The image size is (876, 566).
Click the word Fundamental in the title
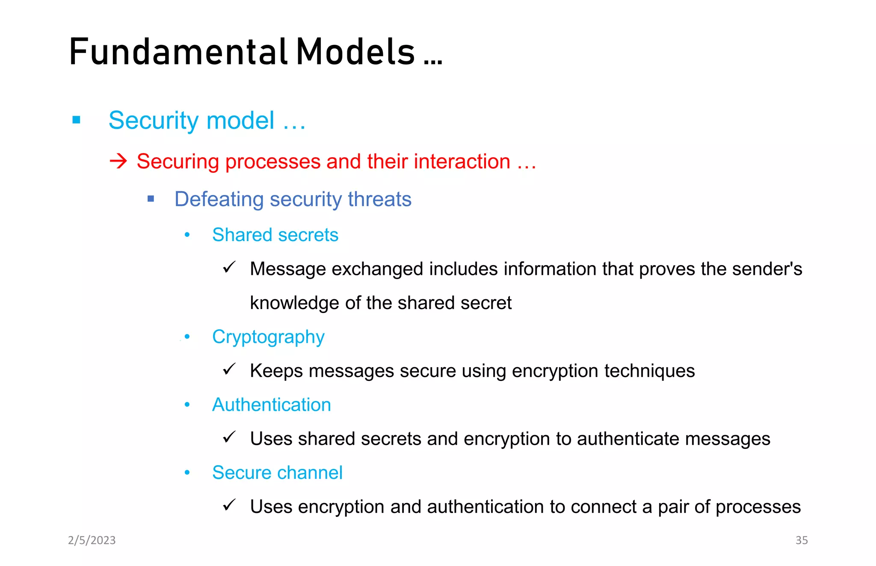[x=178, y=52]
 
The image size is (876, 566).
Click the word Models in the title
[x=355, y=52]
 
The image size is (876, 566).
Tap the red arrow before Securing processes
[x=118, y=161]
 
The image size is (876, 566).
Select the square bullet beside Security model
[x=77, y=120]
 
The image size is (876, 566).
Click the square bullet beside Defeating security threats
[x=151, y=198]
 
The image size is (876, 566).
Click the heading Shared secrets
[x=275, y=235]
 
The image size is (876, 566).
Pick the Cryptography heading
[x=268, y=337]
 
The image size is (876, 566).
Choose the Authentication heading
[x=272, y=404]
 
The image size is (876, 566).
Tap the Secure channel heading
[x=277, y=472]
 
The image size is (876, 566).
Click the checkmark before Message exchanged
[x=229, y=268]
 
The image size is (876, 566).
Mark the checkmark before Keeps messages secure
[x=229, y=369]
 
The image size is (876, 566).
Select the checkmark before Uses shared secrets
[x=229, y=437]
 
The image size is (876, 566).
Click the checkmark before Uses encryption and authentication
[x=229, y=505]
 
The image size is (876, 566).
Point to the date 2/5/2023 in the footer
[x=92, y=540]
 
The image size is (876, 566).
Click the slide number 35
[x=802, y=540]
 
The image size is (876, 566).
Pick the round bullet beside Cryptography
[x=187, y=336]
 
